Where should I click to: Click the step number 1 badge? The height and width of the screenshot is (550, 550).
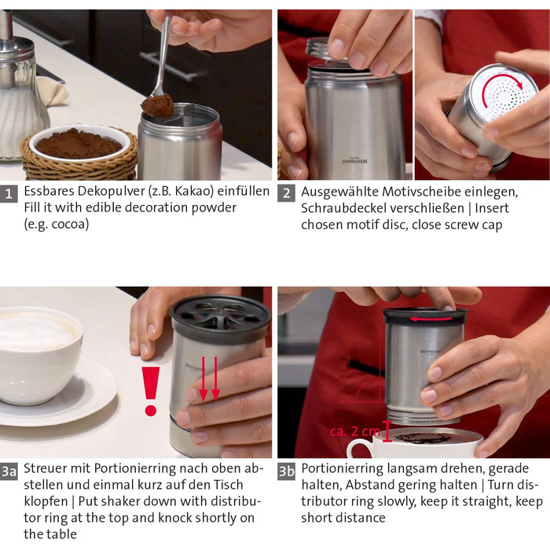9,193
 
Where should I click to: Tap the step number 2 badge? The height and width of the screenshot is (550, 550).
286,193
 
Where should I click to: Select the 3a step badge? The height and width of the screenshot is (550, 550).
9,471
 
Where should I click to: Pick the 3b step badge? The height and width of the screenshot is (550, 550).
286,471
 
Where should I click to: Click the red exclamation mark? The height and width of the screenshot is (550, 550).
151,391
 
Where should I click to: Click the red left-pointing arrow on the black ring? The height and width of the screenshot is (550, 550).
431,319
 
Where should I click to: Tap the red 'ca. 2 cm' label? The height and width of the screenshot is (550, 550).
355,431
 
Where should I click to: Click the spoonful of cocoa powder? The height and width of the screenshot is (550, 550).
158,105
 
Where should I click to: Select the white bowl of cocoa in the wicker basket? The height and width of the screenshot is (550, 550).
79,143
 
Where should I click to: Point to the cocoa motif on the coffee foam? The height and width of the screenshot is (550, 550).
423,438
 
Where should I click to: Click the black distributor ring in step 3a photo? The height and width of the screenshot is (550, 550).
220,318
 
